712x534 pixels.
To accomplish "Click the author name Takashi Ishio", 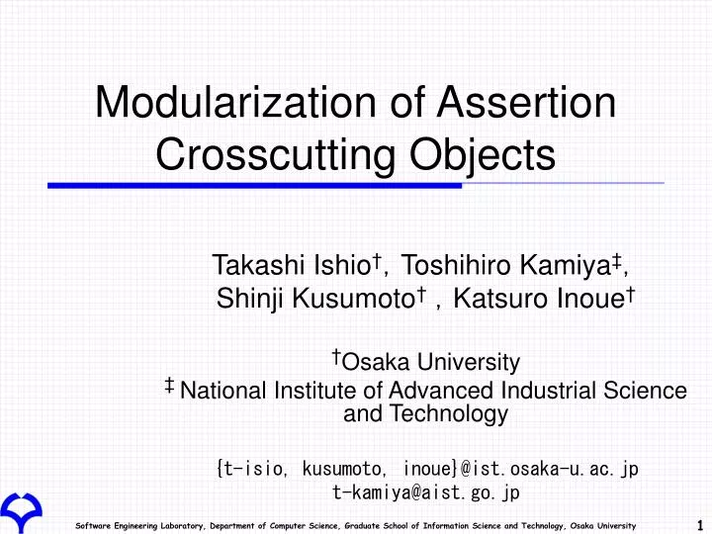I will (x=292, y=265).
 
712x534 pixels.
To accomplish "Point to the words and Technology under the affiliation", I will (x=425, y=414).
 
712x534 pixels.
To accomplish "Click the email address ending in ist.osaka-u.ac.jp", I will (x=426, y=467).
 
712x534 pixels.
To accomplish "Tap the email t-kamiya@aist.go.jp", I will (x=426, y=490).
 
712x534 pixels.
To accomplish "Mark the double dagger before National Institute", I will (x=171, y=385).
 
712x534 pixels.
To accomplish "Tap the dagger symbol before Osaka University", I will (x=336, y=356).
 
